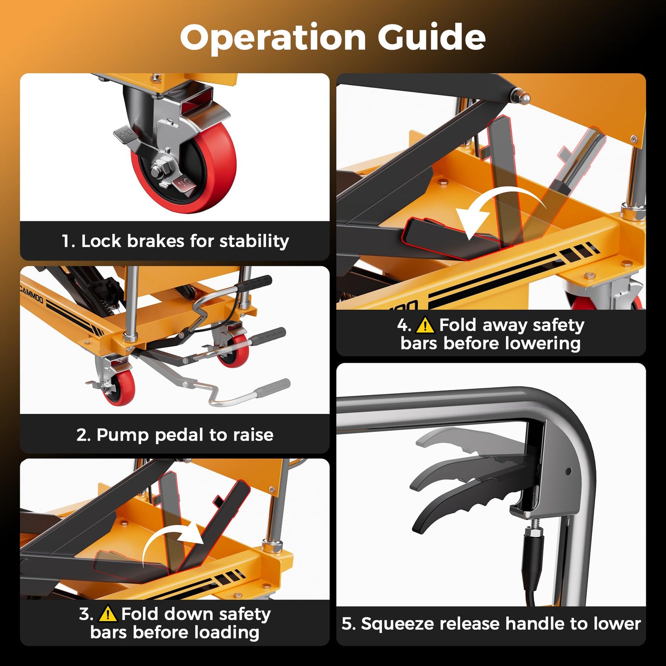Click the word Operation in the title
pyautogui.click(x=273, y=38)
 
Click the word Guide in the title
pyautogui.click(x=432, y=37)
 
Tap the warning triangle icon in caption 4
pyautogui.click(x=425, y=325)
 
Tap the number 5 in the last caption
pyautogui.click(x=347, y=624)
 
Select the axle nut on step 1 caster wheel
pyautogui.click(x=158, y=170)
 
